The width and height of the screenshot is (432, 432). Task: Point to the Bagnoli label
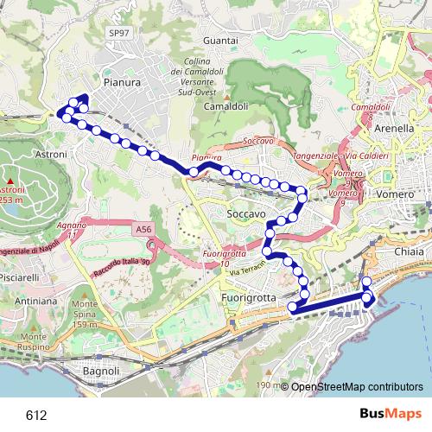click(96, 372)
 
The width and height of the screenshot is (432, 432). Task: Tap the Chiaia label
click(410, 251)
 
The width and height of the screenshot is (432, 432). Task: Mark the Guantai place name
click(219, 41)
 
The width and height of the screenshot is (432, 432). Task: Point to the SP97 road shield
click(118, 33)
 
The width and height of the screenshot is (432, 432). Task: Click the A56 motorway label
click(143, 230)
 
